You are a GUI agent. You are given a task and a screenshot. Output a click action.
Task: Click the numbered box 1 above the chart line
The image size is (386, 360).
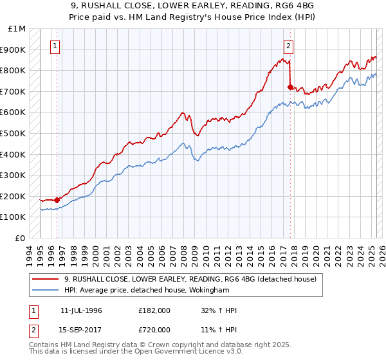[x=57, y=46]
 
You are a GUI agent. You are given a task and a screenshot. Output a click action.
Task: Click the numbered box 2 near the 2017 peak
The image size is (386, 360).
[x=289, y=46]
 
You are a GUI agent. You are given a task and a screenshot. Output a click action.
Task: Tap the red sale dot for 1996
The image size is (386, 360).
[x=57, y=200]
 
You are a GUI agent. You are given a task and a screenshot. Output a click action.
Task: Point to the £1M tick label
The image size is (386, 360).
[x=17, y=29]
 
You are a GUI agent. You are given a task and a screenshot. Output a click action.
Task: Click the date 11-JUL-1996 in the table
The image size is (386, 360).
[x=81, y=310]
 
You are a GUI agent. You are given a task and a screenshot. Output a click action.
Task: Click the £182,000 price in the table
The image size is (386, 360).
[x=154, y=310]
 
